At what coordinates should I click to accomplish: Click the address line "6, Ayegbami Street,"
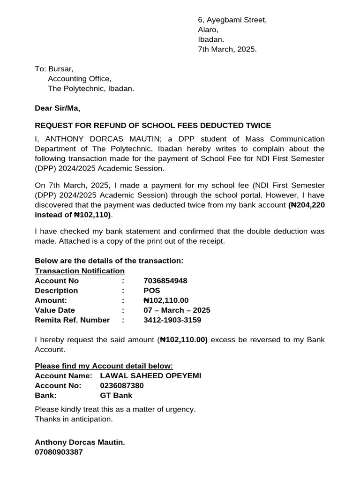point(232,20)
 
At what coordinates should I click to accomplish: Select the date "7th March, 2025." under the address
point(227,49)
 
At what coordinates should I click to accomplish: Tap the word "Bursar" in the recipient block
point(61,69)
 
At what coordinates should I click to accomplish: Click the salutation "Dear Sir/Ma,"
point(58,108)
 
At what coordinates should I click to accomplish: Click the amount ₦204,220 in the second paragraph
point(307,205)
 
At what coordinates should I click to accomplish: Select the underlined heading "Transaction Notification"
point(80,271)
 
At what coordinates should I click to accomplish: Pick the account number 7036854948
point(165,281)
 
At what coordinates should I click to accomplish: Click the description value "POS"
point(152,291)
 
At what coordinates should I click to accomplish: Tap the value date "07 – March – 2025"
point(177,310)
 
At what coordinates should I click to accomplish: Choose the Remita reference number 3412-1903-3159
point(172,320)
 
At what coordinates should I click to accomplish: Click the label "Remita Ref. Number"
point(72,320)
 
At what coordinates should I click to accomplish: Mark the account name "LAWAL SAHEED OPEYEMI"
point(150,376)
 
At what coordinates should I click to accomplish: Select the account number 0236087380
point(122,386)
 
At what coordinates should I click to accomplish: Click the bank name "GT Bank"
point(116,396)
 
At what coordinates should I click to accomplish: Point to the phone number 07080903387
point(59,452)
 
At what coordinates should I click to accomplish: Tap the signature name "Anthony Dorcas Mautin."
point(80,442)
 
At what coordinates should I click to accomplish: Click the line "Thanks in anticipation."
point(74,419)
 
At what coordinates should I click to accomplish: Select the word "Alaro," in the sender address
point(208,30)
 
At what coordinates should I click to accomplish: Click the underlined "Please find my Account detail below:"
point(104,366)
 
